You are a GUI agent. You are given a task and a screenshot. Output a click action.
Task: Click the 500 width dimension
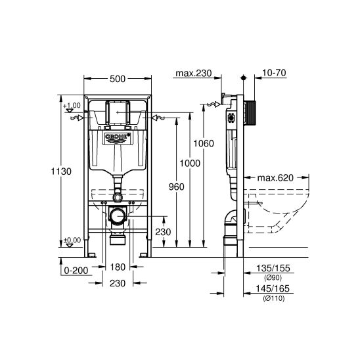coord(117,79)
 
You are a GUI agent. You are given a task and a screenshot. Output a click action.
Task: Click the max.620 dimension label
coord(274,177)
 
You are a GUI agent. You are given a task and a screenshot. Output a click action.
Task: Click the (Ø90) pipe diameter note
coord(270,278)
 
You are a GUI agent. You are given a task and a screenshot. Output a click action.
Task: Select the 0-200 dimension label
coord(76,269)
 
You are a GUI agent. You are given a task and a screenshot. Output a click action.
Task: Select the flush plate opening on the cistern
coord(117,113)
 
